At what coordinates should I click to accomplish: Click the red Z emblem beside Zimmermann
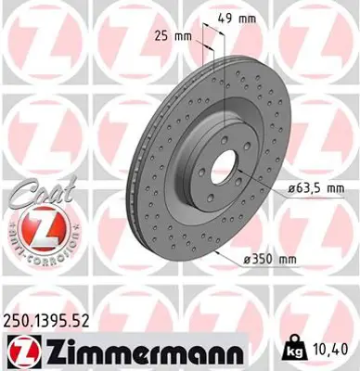click(x=20, y=352)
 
